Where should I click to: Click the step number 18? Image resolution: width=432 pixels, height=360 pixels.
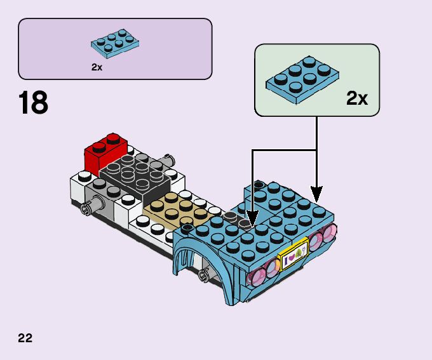click(x=33, y=102)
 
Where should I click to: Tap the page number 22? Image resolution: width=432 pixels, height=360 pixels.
click(x=25, y=338)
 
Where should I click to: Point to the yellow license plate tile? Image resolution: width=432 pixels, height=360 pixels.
click(x=294, y=255)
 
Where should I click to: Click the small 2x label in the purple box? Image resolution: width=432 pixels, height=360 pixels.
click(x=97, y=67)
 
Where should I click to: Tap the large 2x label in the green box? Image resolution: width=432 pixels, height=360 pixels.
click(x=357, y=98)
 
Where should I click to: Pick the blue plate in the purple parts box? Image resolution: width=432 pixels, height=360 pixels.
click(x=115, y=44)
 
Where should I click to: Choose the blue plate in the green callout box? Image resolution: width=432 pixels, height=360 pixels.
click(x=302, y=79)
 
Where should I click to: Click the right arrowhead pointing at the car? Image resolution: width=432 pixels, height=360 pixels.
click(x=316, y=194)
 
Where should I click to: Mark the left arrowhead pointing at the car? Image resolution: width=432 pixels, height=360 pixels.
click(x=252, y=219)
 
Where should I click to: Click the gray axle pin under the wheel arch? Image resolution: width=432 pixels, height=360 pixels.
click(x=205, y=275)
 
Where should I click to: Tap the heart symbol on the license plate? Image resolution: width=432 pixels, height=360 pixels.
click(x=291, y=258)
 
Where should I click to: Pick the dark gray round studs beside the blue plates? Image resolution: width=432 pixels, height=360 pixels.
click(x=238, y=220)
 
